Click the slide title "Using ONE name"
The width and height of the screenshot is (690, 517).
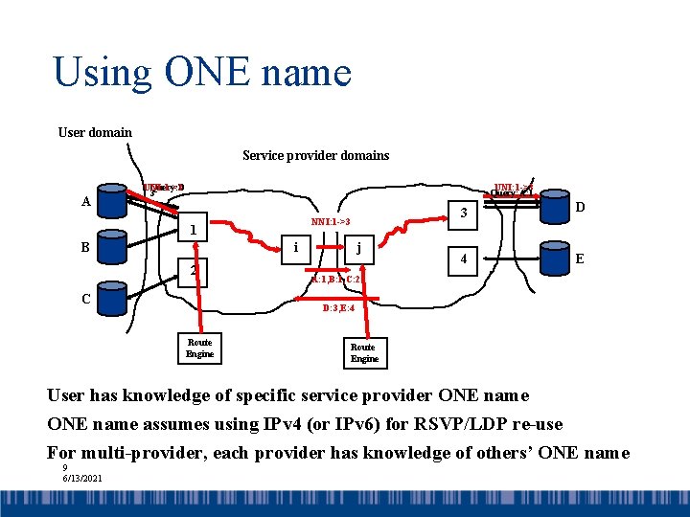point(202,73)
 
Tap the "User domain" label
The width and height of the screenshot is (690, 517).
point(95,132)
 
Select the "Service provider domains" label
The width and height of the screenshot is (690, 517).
point(315,155)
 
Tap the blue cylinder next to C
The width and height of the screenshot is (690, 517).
point(115,300)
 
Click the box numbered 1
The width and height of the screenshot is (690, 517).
point(193,230)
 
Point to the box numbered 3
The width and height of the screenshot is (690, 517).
point(463,213)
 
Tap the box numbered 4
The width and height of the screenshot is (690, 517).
point(463,258)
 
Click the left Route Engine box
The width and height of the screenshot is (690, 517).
point(199,348)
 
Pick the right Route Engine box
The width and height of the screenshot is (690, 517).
point(363,352)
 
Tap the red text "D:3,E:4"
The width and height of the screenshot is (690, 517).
point(338,309)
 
